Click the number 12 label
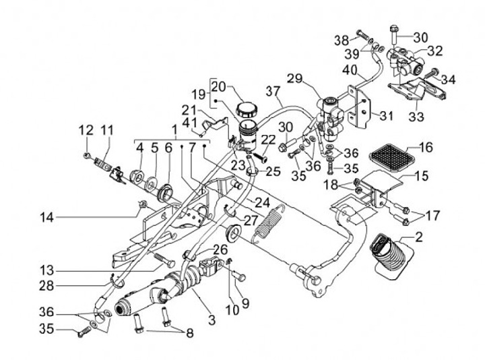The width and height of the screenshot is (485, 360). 86,129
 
